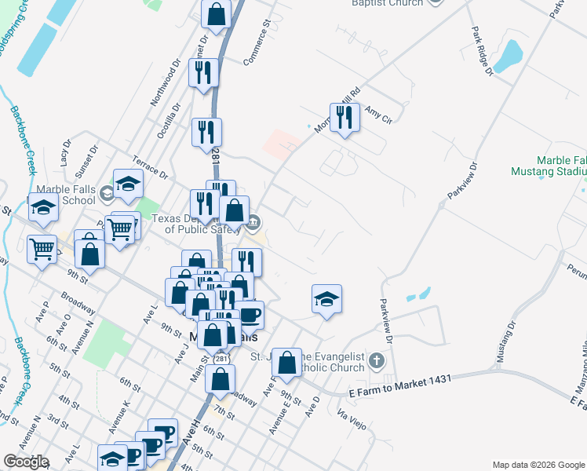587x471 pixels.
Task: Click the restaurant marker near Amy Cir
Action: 345,118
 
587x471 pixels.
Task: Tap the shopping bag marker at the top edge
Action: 216,13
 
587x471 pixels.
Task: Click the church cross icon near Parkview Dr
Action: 377,361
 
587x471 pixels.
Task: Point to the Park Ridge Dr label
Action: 482,52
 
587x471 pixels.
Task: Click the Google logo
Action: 25,462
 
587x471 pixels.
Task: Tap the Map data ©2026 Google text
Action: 538,465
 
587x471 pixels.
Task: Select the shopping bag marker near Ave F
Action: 288,363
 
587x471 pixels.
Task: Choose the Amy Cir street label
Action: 377,115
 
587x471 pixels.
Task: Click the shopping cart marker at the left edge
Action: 41,250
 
